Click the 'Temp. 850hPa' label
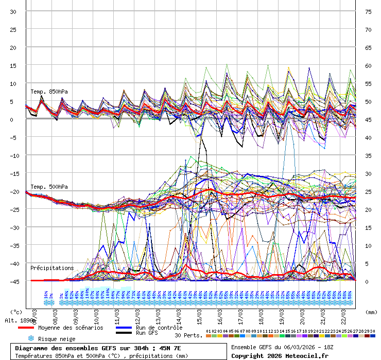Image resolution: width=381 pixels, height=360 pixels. click(x=49, y=92)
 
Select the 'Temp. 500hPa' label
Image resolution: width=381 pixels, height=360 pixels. click(x=49, y=187)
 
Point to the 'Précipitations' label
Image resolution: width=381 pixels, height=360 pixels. click(x=51, y=268)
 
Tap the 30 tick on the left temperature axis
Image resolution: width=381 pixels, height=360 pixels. click(x=13, y=12)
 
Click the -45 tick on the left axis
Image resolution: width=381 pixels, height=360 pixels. click(x=13, y=281)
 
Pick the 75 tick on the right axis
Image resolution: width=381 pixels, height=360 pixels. click(x=368, y=12)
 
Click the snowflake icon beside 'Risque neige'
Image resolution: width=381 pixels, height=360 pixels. click(x=31, y=339)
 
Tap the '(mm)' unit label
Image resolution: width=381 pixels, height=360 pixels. click(x=371, y=312)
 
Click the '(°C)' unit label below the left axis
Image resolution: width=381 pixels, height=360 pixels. click(x=17, y=312)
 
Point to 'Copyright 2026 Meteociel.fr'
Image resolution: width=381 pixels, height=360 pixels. click(x=280, y=355)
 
